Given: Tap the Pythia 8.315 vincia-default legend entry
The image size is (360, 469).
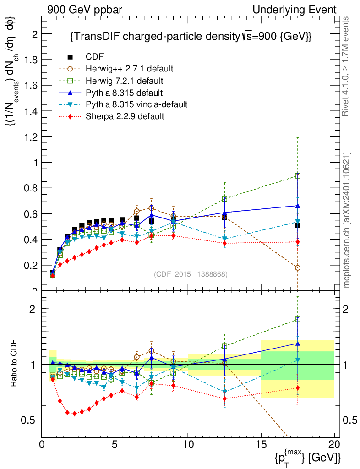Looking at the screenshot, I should [x=136, y=104].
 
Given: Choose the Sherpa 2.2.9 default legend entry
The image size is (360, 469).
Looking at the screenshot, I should [x=125, y=116].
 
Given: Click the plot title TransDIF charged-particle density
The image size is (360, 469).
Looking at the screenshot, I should [x=191, y=37].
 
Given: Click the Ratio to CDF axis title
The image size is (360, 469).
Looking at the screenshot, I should [x=14, y=364].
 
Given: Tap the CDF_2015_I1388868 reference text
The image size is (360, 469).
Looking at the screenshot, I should [x=191, y=274].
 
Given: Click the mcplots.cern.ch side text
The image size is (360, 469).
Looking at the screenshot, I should [x=347, y=220].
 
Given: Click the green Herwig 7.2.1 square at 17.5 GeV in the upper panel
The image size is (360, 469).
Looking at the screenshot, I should [x=298, y=176].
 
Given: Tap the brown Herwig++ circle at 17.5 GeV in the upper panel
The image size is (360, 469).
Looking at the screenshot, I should [x=298, y=268].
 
